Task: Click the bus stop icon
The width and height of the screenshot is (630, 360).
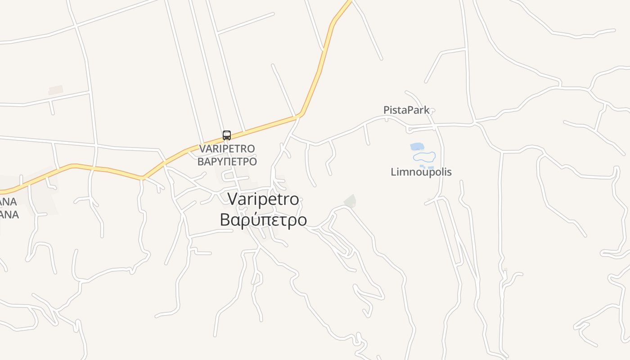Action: click(x=227, y=135)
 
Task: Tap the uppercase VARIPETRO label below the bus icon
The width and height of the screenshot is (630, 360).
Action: click(x=227, y=148)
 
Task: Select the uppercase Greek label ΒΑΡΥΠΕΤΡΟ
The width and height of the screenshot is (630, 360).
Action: click(x=227, y=162)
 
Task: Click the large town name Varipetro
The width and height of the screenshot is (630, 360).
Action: click(x=263, y=199)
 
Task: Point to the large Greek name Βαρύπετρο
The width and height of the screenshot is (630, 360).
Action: click(x=263, y=220)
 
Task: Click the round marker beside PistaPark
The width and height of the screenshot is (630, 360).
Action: click(x=433, y=110)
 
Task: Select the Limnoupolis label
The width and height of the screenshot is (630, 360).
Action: click(x=421, y=172)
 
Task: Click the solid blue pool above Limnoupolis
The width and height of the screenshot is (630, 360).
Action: click(x=416, y=146)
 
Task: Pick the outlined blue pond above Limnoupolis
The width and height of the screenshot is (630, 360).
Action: click(x=424, y=157)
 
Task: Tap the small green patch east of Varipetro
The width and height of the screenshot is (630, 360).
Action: click(x=350, y=201)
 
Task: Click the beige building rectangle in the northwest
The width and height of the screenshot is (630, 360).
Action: click(x=56, y=90)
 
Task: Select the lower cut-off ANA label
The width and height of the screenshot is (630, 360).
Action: click(x=9, y=215)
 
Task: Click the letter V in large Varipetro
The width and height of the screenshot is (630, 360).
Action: click(x=233, y=199)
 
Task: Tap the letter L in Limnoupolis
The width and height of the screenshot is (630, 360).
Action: click(x=393, y=172)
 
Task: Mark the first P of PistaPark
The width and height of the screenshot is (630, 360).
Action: click(x=386, y=110)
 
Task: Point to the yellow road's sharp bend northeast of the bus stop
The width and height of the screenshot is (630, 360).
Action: click(x=300, y=115)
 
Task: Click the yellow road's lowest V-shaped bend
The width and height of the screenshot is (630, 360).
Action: click(x=142, y=178)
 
